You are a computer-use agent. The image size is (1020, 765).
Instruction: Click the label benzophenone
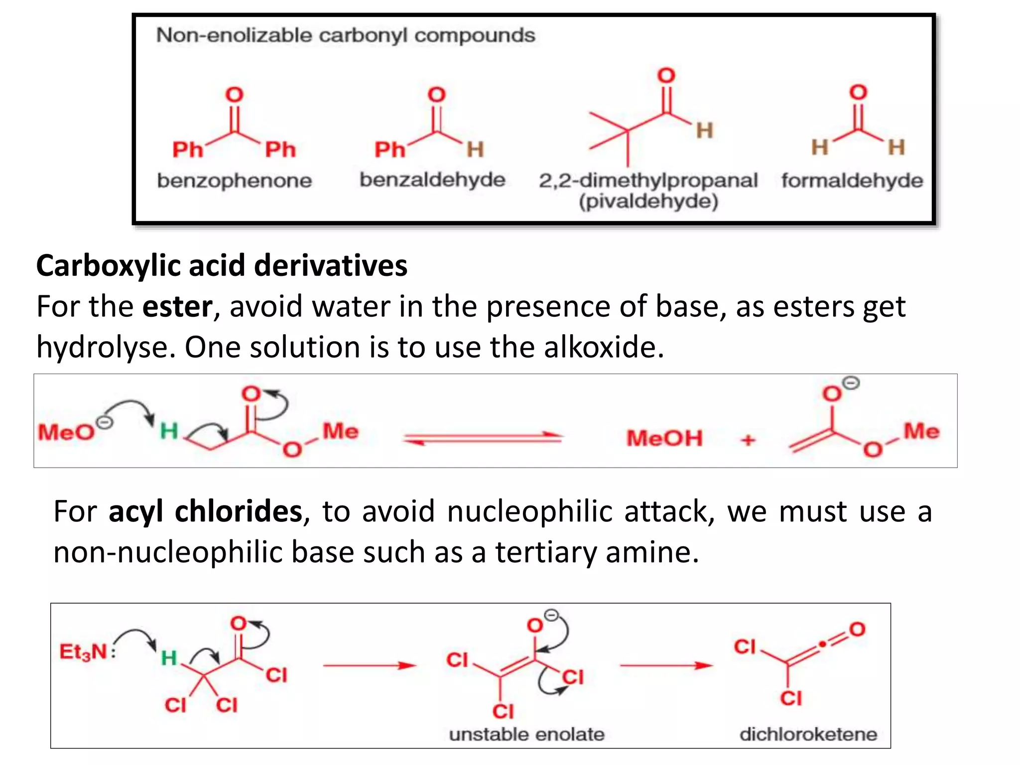coord(234,180)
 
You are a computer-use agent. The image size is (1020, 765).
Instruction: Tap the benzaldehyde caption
coord(432,179)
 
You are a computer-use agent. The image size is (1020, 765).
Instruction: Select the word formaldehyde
coord(852,180)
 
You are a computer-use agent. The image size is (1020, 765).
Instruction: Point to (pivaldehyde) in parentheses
coord(648,202)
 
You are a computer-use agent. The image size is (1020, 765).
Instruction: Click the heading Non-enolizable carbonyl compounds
coord(346,35)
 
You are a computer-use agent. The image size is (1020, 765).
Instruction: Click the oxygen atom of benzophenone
coord(235,95)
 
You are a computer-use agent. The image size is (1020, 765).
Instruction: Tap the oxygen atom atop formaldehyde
coord(858,92)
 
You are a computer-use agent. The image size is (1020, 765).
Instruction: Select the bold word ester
coord(177,306)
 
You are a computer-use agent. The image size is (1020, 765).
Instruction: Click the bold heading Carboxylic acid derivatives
coord(222,265)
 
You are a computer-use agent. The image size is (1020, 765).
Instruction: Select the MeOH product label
coord(664,438)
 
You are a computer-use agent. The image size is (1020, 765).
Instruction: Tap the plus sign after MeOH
coord(748,440)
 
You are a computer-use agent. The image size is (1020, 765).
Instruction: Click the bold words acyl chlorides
coord(205,511)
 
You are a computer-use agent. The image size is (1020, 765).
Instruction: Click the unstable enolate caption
coord(526,734)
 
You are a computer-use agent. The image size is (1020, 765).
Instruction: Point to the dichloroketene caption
coord(808,734)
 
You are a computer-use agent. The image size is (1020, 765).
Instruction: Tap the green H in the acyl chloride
coord(169,658)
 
